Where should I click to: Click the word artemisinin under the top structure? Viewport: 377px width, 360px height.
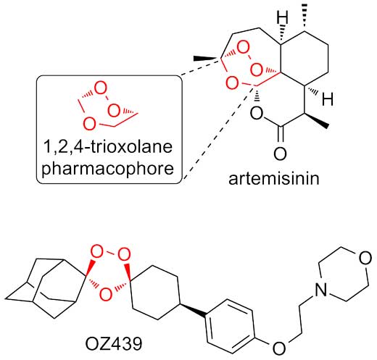(x=274, y=179)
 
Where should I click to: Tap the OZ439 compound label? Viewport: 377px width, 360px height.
(x=114, y=344)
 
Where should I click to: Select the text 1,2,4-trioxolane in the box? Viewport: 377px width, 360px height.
(x=108, y=146)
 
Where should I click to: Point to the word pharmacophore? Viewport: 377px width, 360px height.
(x=108, y=168)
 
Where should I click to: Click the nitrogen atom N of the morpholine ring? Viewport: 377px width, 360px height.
(x=321, y=290)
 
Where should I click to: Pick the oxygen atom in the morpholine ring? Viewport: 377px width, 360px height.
(x=365, y=258)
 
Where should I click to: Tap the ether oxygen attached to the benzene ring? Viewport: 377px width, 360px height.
(x=279, y=348)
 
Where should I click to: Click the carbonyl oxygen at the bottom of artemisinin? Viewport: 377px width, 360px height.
(x=280, y=154)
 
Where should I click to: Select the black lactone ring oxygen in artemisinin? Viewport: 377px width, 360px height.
(x=256, y=113)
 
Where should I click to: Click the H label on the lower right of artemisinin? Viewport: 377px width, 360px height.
(x=328, y=99)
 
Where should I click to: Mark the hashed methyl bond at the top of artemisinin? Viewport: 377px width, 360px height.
(x=305, y=17)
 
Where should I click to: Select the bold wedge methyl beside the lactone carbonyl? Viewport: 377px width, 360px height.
(x=317, y=120)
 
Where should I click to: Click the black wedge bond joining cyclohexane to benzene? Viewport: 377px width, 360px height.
(x=192, y=309)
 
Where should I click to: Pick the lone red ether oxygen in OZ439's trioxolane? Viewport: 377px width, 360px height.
(x=106, y=294)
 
